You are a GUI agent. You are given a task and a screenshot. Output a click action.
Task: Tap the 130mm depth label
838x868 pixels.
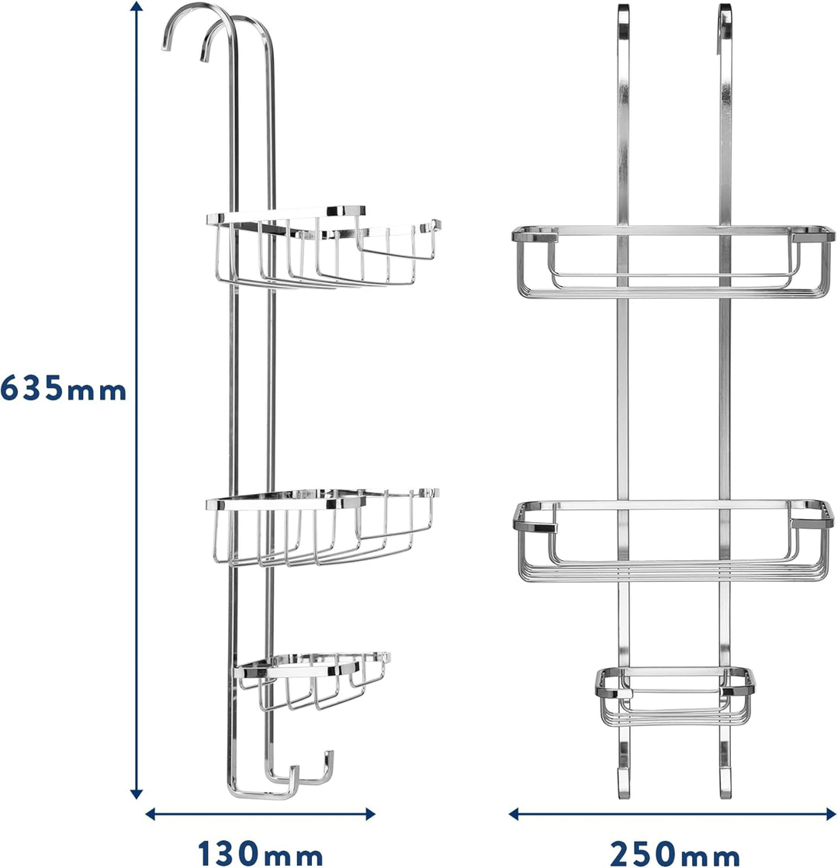coord(260,853)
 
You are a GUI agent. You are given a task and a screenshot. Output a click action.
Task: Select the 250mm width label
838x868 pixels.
coord(674,853)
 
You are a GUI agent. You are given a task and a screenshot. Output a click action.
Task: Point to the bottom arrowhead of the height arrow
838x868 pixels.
coord(137,793)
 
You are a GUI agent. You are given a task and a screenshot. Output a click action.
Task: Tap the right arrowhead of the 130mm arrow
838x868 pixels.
coord(369,814)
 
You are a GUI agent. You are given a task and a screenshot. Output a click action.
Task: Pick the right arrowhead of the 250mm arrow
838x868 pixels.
coord(829,814)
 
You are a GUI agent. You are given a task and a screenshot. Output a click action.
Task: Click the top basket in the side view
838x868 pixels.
coord(324,247)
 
